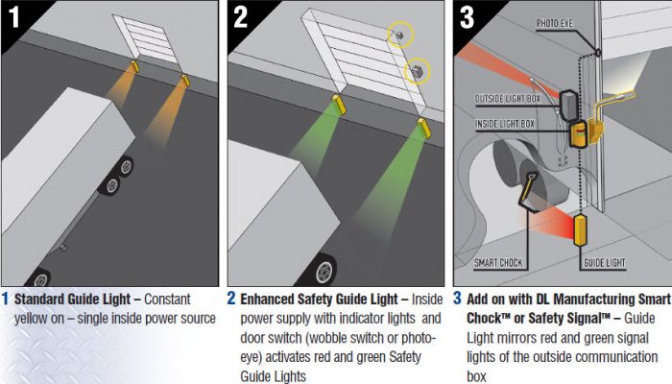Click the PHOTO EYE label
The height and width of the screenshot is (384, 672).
555,24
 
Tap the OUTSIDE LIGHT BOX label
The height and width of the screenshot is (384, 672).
508,99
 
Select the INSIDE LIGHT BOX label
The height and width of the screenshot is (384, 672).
505,124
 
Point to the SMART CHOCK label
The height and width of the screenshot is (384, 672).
498,263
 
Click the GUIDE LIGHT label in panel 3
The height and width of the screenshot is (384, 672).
605,263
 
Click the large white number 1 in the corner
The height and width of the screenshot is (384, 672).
14,16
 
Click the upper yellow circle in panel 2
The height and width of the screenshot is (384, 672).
400,35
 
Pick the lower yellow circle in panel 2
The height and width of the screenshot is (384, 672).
417,71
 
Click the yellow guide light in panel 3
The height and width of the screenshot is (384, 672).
580,230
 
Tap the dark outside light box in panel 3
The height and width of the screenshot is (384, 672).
569,106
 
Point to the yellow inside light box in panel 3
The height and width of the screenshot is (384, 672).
576,133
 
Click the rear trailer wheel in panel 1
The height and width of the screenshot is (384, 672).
126,166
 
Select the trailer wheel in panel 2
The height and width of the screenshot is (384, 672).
323,270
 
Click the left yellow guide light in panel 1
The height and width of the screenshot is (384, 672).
134,66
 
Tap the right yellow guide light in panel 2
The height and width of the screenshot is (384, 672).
424,128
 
